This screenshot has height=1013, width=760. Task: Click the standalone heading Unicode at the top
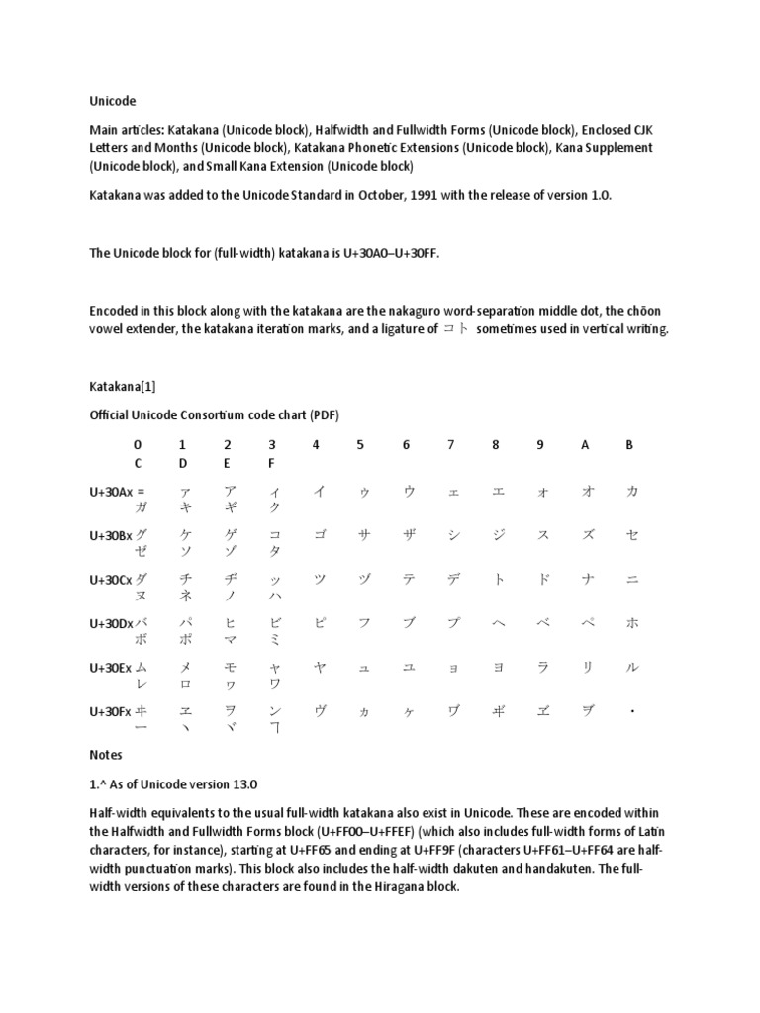click(112, 101)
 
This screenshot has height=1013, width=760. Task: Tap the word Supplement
click(619, 147)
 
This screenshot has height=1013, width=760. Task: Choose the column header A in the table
click(585, 445)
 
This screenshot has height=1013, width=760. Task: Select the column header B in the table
click(629, 445)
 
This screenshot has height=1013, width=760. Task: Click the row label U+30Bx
click(110, 535)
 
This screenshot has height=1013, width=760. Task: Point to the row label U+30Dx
click(110, 623)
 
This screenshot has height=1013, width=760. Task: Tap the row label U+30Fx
click(109, 711)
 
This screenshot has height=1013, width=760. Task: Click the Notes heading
click(106, 755)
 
